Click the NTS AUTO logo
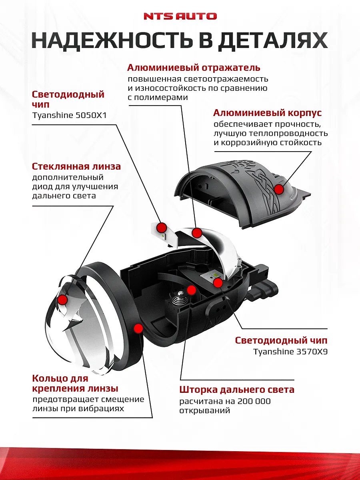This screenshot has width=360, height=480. click(180, 16)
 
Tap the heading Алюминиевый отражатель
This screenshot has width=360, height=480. click(194, 68)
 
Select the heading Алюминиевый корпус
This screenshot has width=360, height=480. click(267, 113)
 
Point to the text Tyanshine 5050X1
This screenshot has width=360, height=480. click(69, 116)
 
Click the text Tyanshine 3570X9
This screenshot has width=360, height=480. click(290, 352)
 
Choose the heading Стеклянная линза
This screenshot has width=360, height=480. click(76, 166)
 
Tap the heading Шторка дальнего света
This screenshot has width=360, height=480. click(237, 389)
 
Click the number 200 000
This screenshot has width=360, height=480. click(254, 401)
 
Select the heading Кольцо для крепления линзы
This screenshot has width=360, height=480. click(75, 383)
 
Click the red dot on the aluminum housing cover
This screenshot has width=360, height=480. click(279, 189)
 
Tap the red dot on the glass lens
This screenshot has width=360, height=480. click(62, 299)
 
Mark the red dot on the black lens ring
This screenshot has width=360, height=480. click(138, 328)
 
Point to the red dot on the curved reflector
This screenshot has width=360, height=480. click(196, 233)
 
